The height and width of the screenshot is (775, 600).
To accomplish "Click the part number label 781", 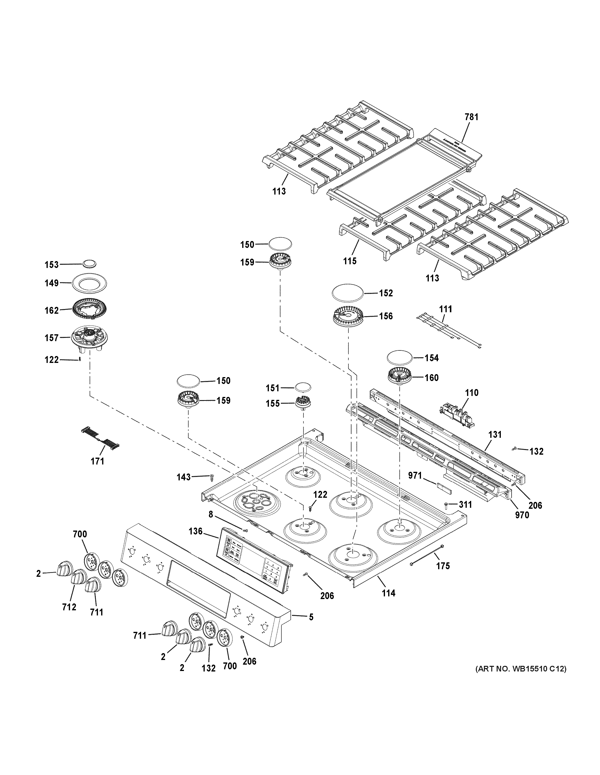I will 471,117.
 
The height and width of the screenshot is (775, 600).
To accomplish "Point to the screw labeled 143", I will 212,477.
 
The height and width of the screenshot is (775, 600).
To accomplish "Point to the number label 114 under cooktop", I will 388,593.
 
